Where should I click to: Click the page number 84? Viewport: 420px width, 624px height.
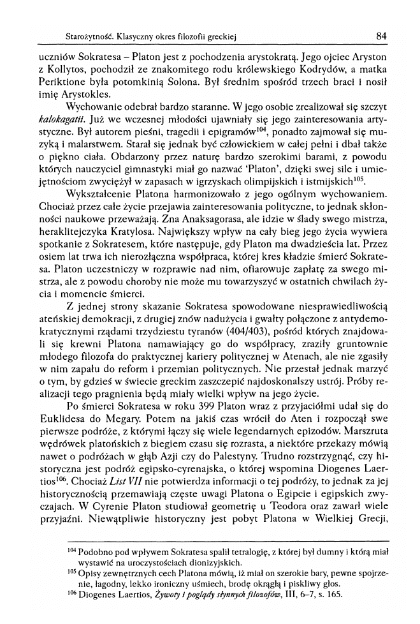[x=382, y=36]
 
